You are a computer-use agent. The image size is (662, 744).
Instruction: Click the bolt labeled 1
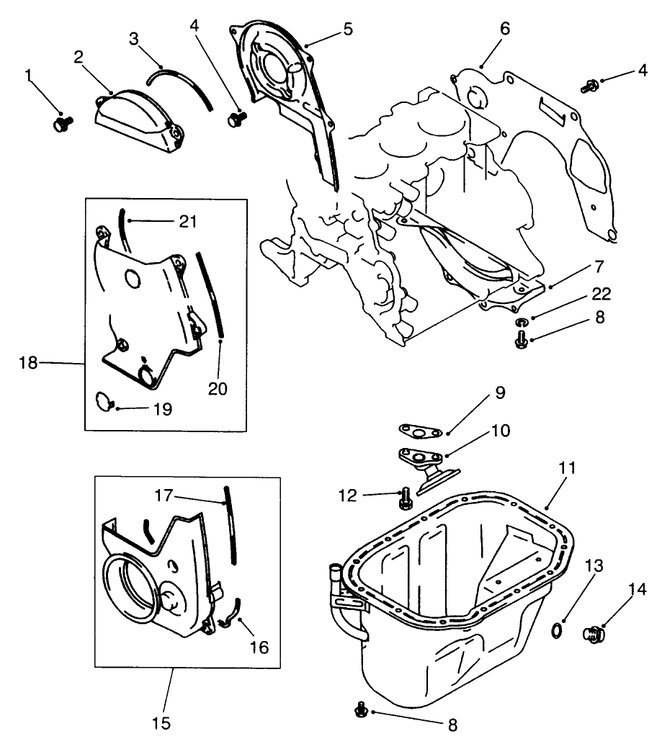pyautogui.click(x=60, y=125)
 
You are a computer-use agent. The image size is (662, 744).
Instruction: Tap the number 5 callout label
pyautogui.click(x=347, y=30)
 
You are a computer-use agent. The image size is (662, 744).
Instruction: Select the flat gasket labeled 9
pyautogui.click(x=419, y=431)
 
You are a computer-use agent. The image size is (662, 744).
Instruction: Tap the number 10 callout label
pyautogui.click(x=500, y=431)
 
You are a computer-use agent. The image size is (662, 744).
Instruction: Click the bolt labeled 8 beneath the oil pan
pyautogui.click(x=360, y=711)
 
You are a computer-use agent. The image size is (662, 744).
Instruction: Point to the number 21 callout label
pyautogui.click(x=188, y=222)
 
